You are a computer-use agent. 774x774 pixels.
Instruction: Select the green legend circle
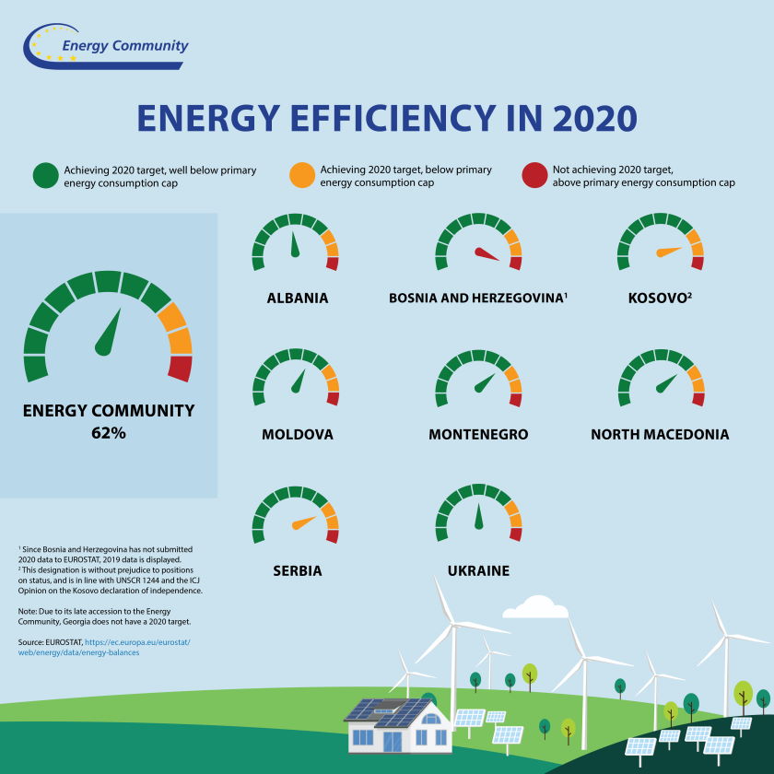pyautogui.click(x=45, y=176)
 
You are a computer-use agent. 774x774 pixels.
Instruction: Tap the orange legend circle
pyautogui.click(x=301, y=176)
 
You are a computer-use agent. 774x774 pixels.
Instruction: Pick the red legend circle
pyautogui.click(x=534, y=176)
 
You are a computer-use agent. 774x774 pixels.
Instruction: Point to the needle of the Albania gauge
pyautogui.click(x=295, y=246)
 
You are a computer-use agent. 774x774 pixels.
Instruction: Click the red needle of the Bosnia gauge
pyautogui.click(x=487, y=253)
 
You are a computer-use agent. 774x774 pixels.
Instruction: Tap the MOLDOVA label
pyautogui.click(x=297, y=434)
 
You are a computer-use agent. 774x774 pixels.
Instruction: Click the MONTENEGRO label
pyautogui.click(x=478, y=434)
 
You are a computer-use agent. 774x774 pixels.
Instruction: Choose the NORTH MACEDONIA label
pyautogui.click(x=660, y=434)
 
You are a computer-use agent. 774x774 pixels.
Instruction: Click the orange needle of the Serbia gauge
pyautogui.click(x=303, y=523)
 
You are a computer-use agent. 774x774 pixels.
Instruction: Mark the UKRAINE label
pyautogui.click(x=478, y=571)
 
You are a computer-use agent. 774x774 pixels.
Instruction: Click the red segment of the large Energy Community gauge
pyautogui.click(x=180, y=369)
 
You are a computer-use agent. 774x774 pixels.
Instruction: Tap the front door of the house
pyautogui.click(x=393, y=740)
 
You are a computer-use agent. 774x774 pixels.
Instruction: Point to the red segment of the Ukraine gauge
pyautogui.click(x=515, y=534)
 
